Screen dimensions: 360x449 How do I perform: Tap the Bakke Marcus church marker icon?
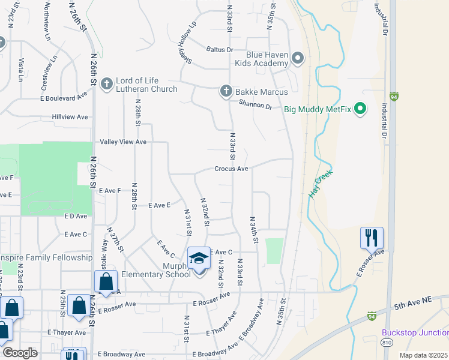(x=226, y=91)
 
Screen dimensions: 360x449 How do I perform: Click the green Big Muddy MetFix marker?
(x=360, y=109)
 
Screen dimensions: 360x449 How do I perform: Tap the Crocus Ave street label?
(x=231, y=169)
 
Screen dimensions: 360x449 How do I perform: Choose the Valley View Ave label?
(x=124, y=142)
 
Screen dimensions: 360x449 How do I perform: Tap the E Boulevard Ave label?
(x=64, y=97)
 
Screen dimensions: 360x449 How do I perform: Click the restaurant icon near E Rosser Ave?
(x=372, y=238)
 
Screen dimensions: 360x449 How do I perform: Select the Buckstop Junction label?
(x=415, y=333)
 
